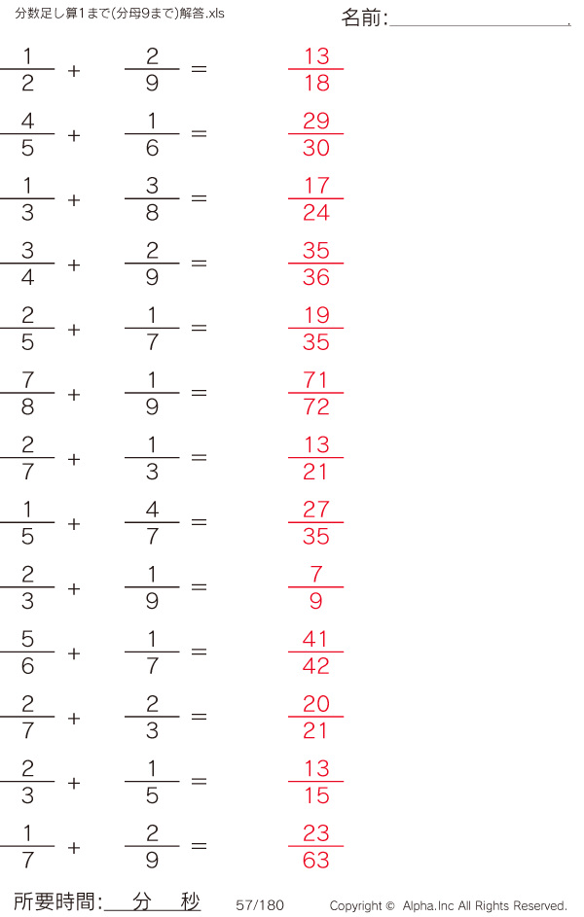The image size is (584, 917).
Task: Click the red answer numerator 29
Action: click(316, 121)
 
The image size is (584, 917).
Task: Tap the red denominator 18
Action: click(316, 83)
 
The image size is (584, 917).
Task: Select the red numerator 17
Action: click(316, 186)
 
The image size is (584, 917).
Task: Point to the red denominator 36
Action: click(316, 277)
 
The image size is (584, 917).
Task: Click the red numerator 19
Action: click(316, 315)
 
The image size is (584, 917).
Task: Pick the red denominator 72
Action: click(316, 406)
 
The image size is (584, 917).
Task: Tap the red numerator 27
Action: click(316, 510)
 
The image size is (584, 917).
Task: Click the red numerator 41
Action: click(316, 639)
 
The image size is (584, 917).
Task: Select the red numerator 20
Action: click(316, 703)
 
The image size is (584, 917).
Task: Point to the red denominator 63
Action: click(316, 861)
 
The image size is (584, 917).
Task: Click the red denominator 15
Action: click(316, 795)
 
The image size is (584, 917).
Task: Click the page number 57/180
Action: click(260, 905)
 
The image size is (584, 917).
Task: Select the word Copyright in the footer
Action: click(355, 906)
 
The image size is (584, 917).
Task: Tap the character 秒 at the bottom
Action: click(190, 901)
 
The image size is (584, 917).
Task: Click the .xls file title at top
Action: click(120, 13)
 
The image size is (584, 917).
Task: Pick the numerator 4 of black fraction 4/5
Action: click(27, 121)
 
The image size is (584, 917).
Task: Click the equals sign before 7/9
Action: click(199, 586)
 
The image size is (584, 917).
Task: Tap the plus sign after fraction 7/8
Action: click(74, 395)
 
